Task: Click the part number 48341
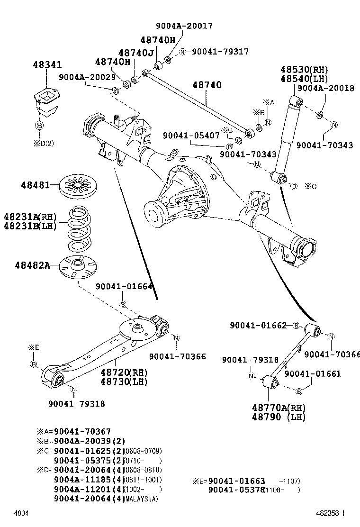click(x=47, y=65)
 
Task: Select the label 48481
click(x=35, y=184)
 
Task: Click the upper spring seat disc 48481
click(x=79, y=185)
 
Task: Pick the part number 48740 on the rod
click(x=207, y=85)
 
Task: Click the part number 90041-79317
click(x=220, y=52)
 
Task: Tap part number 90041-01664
click(x=124, y=287)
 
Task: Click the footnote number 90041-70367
click(x=82, y=431)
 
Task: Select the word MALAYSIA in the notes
click(x=141, y=499)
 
